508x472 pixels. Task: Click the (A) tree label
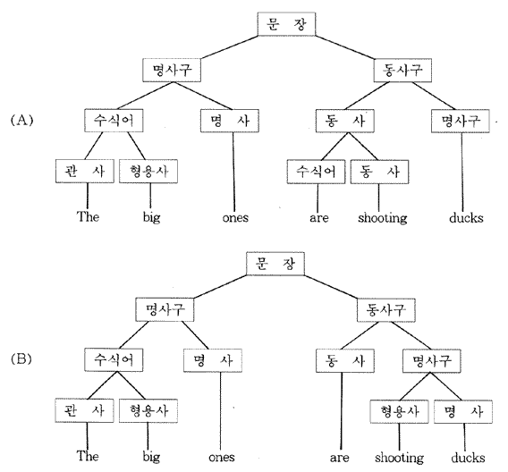pyautogui.click(x=21, y=121)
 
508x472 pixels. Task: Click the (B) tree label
pyautogui.click(x=21, y=359)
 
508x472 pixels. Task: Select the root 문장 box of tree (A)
pyautogui.click(x=286, y=24)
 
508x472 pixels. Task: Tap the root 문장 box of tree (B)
pyautogui.click(x=275, y=264)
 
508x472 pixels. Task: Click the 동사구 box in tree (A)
pyautogui.click(x=402, y=70)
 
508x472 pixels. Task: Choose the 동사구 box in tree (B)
pyautogui.click(x=385, y=310)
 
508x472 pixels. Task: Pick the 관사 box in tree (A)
pyautogui.click(x=85, y=171)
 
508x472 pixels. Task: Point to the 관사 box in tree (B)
pyautogui.click(x=84, y=410)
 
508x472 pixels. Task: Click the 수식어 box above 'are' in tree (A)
pyautogui.click(x=316, y=172)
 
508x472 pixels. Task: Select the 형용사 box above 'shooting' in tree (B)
pyautogui.click(x=399, y=411)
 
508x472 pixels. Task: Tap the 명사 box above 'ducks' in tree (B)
pyautogui.click(x=463, y=411)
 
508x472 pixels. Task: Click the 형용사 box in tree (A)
pyautogui.click(x=148, y=171)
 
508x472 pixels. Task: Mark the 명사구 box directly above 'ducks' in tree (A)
pyautogui.click(x=460, y=121)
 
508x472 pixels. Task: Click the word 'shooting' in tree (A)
pyautogui.click(x=382, y=218)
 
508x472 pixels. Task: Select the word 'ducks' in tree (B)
pyautogui.click(x=468, y=458)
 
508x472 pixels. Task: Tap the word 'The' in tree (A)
pyautogui.click(x=88, y=216)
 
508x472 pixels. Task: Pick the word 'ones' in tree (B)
pyautogui.click(x=222, y=458)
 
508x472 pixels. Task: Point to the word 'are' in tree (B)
pyautogui.click(x=340, y=458)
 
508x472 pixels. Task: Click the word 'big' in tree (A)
pyautogui.click(x=152, y=217)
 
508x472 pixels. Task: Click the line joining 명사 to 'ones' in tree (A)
pyautogui.click(x=233, y=172)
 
